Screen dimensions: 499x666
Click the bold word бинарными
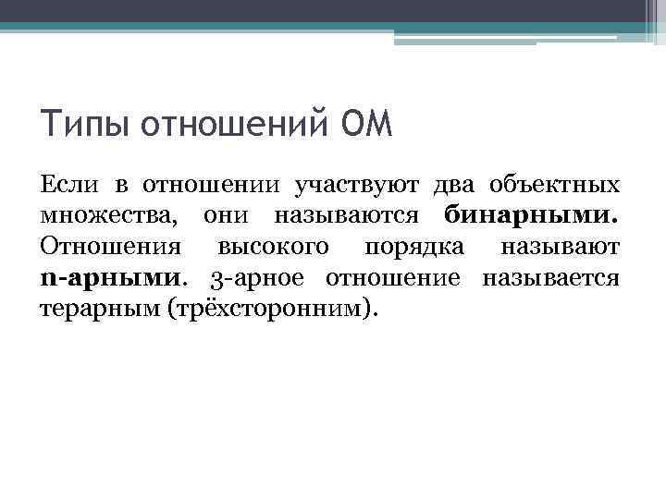coord(531,217)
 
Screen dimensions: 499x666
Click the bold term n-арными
coord(112,278)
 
